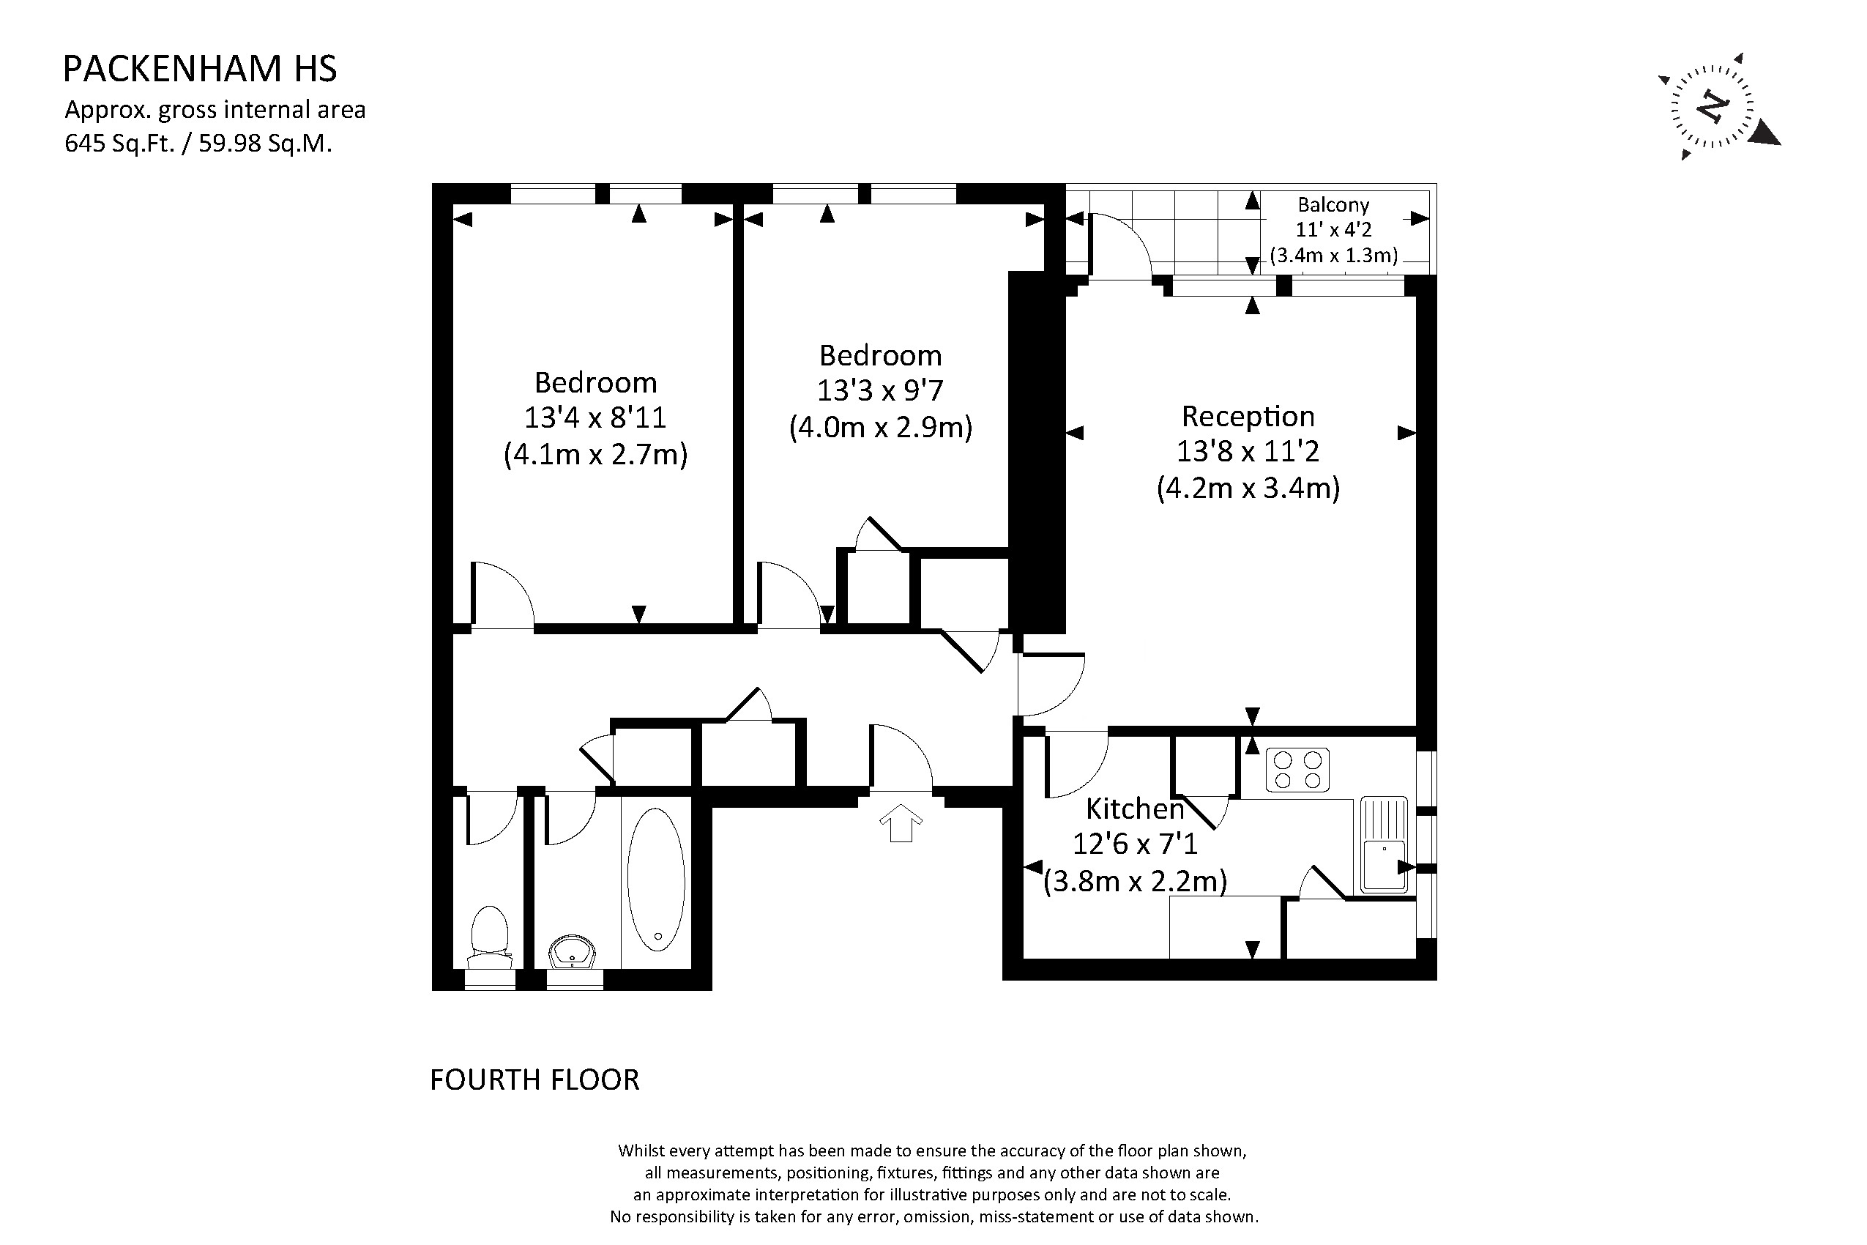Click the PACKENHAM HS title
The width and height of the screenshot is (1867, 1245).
pyautogui.click(x=200, y=69)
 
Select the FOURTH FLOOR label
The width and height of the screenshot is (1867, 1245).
pyautogui.click(x=534, y=1079)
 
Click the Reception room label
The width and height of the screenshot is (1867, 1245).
pyautogui.click(x=1248, y=416)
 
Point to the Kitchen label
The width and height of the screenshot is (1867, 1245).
pyautogui.click(x=1135, y=809)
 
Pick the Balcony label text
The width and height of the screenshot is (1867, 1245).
pyautogui.click(x=1333, y=205)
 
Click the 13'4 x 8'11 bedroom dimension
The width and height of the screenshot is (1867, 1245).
pyautogui.click(x=595, y=417)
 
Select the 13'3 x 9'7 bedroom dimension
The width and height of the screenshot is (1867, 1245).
pyautogui.click(x=880, y=390)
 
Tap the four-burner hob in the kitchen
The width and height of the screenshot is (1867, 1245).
pyautogui.click(x=1297, y=770)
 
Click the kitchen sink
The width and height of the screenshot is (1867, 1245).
pyautogui.click(x=1384, y=845)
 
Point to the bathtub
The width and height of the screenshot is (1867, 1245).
pyautogui.click(x=656, y=880)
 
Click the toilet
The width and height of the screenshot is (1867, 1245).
pyautogui.click(x=490, y=937)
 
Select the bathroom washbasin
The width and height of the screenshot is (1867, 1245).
pyautogui.click(x=573, y=951)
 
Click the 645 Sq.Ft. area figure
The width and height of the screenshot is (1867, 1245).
pyautogui.click(x=119, y=144)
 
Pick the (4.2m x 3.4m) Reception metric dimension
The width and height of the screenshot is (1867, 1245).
pyautogui.click(x=1248, y=488)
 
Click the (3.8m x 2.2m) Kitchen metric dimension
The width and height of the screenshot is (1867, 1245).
pyautogui.click(x=1135, y=881)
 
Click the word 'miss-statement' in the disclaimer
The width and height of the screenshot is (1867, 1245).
pyautogui.click(x=1036, y=1217)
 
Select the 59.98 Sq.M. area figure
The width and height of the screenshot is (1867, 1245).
pyautogui.click(x=265, y=144)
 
